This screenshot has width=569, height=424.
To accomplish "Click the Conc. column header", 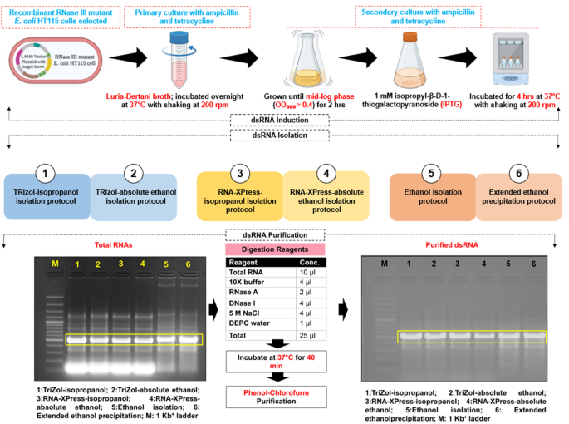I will pyautogui.click(x=307, y=263).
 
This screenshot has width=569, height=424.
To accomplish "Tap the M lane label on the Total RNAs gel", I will pyautogui.click(x=55, y=264).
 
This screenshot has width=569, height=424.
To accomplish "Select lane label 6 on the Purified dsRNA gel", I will pyautogui.click(x=533, y=264).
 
